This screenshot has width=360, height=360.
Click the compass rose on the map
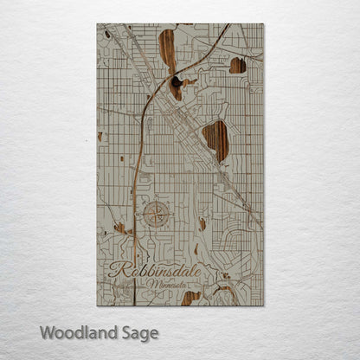click(x=156, y=213)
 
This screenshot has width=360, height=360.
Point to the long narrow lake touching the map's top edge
click(x=166, y=52)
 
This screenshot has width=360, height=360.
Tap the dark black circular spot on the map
click(x=177, y=81)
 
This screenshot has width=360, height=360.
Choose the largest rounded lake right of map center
click(x=215, y=139)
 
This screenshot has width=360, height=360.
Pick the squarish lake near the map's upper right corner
click(x=238, y=65)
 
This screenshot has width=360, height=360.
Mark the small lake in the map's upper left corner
click(x=107, y=35)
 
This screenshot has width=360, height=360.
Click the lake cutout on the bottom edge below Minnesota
click(x=191, y=298)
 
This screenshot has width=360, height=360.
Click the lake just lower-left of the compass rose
click(x=121, y=229)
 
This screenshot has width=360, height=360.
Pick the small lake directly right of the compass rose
click(x=202, y=222)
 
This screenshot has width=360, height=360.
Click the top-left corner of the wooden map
click(x=98, y=25)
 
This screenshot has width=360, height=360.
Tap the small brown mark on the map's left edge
click(x=100, y=136)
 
